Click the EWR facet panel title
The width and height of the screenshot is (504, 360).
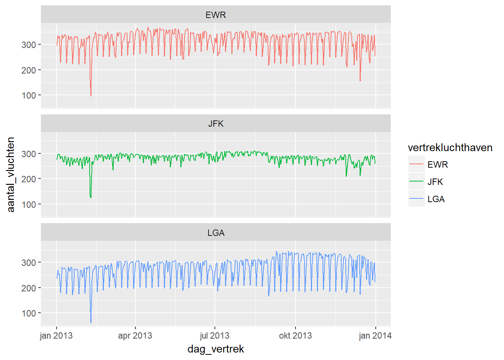point(216,15)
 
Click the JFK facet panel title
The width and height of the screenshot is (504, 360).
point(216,124)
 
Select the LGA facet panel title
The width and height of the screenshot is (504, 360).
point(216,233)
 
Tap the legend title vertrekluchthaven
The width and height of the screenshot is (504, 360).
point(450,148)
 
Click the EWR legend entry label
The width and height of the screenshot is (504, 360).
point(438,165)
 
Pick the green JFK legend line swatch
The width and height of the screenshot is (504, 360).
point(416,182)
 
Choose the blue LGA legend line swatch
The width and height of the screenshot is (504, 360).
point(416,199)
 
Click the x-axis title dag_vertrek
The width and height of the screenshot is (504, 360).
point(216,349)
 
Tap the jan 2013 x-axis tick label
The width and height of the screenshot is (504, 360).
point(56,336)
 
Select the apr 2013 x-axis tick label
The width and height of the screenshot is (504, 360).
point(135,336)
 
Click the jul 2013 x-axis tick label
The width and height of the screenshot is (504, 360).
point(214,336)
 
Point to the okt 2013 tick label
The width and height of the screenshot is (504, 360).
point(295,336)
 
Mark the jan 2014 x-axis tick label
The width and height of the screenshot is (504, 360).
point(375,336)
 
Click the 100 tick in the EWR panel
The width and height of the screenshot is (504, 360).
point(29,96)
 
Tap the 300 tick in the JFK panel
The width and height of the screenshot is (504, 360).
point(29,154)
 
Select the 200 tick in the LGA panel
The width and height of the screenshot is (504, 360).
point(29,288)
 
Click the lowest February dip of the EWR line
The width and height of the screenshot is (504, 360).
point(91,96)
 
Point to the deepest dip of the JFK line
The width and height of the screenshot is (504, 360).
point(91,197)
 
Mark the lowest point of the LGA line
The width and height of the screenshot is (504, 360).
point(91,322)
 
